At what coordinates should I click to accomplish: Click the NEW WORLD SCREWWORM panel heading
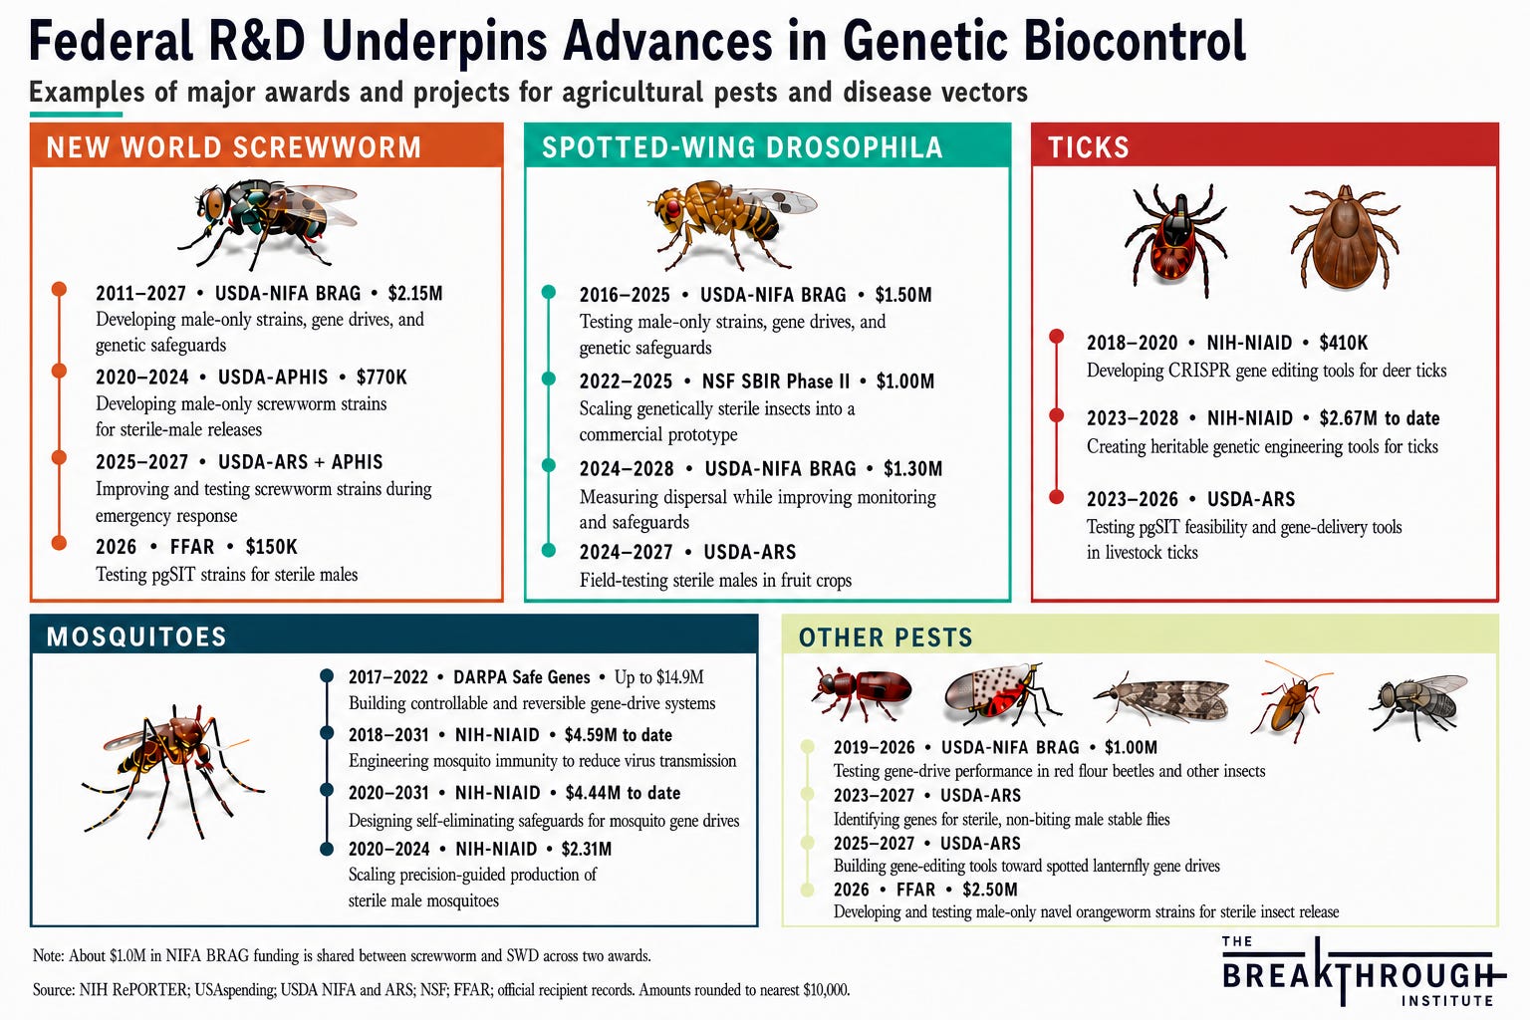(234, 147)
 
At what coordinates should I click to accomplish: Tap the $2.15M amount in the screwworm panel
(415, 293)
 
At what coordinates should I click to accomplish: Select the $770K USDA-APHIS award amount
(382, 378)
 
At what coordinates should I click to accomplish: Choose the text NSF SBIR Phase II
(776, 382)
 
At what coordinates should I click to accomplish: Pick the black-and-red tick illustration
(1175, 239)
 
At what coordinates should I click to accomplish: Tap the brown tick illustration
(1345, 237)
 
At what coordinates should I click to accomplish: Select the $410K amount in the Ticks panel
(1344, 343)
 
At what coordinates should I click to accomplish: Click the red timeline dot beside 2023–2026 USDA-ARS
(1056, 497)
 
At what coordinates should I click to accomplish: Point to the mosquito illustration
(170, 772)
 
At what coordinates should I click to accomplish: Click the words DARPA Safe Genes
(521, 677)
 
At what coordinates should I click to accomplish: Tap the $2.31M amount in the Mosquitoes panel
(586, 849)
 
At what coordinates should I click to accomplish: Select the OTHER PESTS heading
(886, 637)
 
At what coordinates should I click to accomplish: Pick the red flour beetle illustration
(861, 692)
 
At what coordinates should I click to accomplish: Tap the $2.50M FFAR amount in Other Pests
(990, 890)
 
